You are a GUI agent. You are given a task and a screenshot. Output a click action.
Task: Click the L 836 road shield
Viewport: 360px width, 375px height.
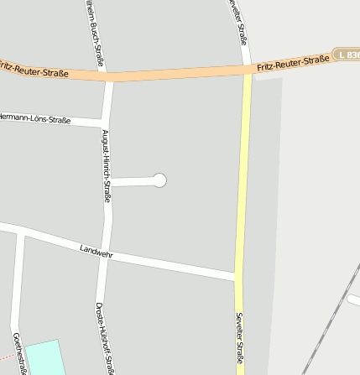[x=347, y=54]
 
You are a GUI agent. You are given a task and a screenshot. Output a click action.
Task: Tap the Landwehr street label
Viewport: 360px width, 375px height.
[x=96, y=251]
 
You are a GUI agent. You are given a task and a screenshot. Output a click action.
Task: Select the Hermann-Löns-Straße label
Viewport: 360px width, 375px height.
[x=34, y=118]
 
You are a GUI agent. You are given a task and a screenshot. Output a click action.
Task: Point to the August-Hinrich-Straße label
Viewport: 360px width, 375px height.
[x=107, y=160]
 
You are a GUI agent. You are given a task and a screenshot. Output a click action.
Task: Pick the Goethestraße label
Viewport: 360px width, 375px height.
[x=18, y=352]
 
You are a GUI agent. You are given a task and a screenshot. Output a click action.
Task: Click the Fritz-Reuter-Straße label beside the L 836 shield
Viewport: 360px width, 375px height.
[x=294, y=62]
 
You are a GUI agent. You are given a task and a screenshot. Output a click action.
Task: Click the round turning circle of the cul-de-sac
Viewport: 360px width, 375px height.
[x=159, y=180]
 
